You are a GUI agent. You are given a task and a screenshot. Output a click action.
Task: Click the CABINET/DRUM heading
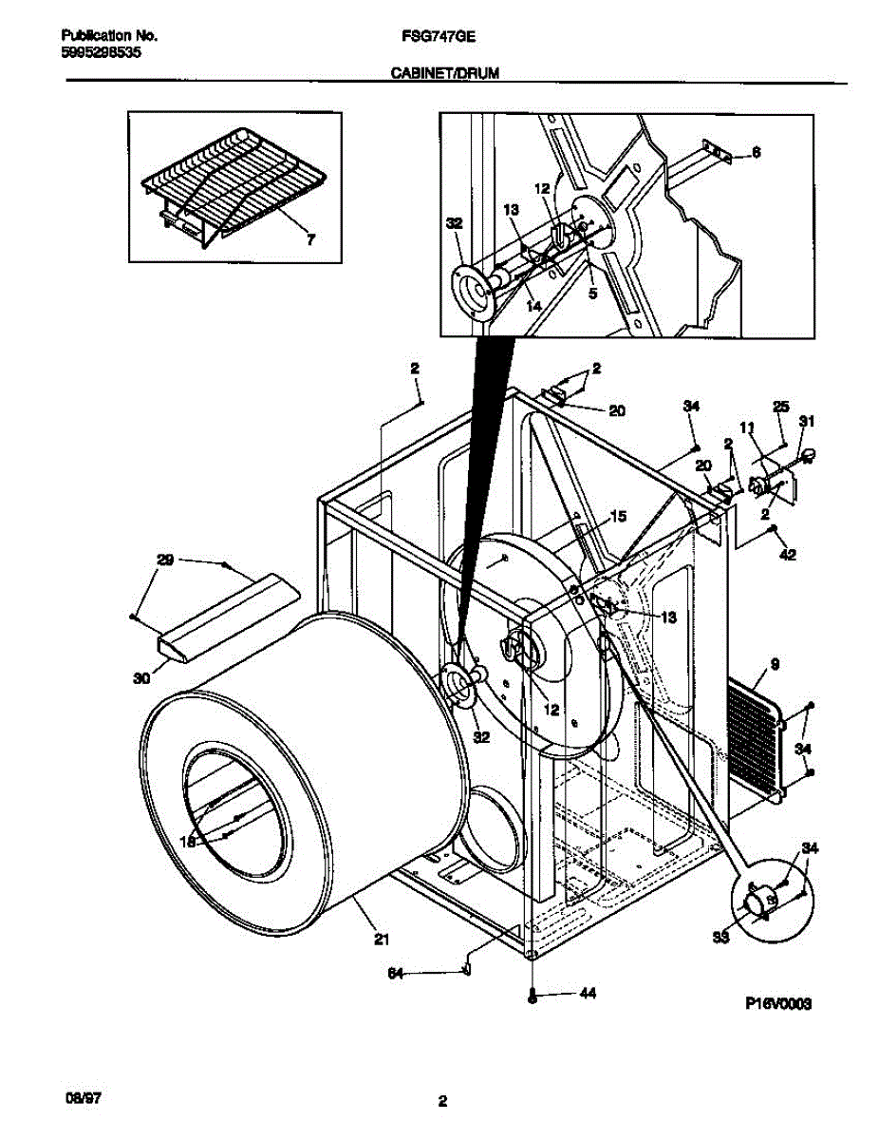(x=443, y=72)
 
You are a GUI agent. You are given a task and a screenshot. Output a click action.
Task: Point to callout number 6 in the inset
(x=757, y=151)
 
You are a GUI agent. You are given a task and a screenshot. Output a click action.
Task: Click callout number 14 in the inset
(x=534, y=306)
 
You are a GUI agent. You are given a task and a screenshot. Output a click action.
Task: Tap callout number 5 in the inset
(x=592, y=294)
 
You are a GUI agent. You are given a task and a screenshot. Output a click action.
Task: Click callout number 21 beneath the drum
(x=381, y=940)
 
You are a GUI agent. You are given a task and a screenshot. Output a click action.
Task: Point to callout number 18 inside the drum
(x=188, y=842)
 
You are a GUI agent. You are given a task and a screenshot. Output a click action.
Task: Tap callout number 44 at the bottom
(x=588, y=994)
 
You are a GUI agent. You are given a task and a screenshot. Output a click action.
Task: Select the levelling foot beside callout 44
(x=532, y=996)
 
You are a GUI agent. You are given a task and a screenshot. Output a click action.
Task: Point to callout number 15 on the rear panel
(x=618, y=516)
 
